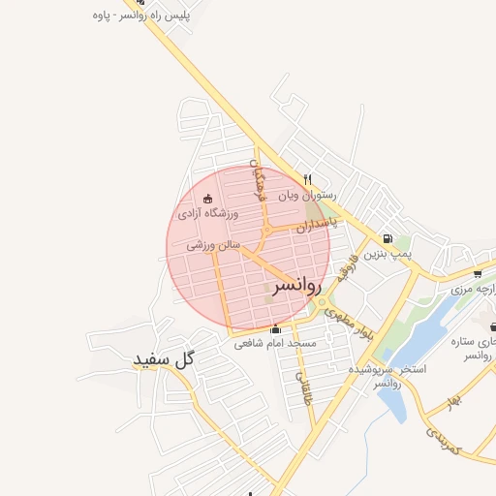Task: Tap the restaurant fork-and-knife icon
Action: coord(308,179)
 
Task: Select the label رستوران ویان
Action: coord(294,195)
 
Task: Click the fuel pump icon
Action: coord(387,238)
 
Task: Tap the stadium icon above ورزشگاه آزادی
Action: coord(207,199)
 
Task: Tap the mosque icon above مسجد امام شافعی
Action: coord(275,328)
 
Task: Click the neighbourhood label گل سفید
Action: coord(165,359)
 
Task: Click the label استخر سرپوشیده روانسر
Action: coord(388,376)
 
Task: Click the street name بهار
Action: coord(455,400)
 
